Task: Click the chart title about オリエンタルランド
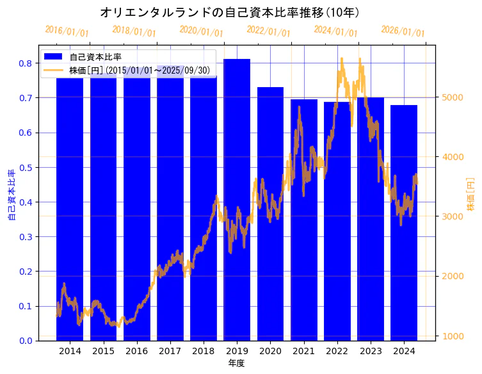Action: (230, 13)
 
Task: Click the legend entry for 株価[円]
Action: (139, 70)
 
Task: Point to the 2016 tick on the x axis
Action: (136, 351)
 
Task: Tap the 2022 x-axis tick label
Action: (337, 351)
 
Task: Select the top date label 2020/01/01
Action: (201, 31)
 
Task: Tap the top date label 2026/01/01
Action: (403, 31)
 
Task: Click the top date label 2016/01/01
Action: (67, 31)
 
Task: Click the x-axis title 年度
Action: (237, 363)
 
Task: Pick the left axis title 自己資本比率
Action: (12, 195)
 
